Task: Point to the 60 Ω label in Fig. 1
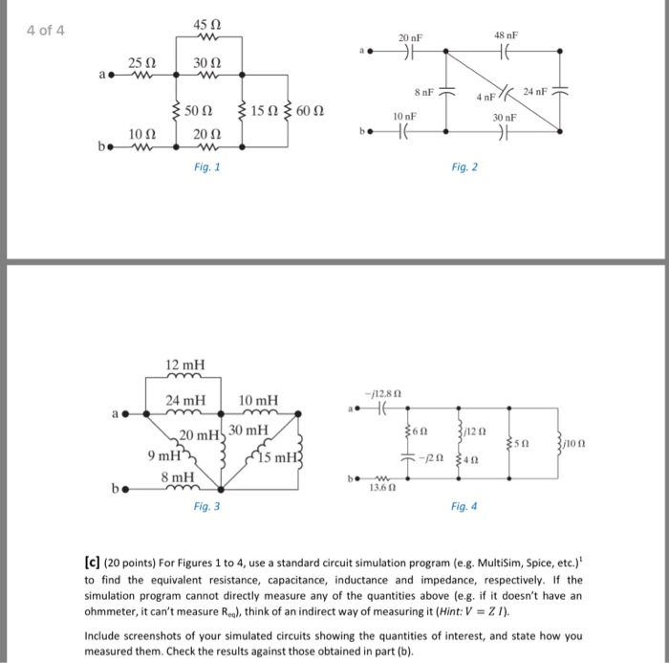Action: (x=313, y=112)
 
